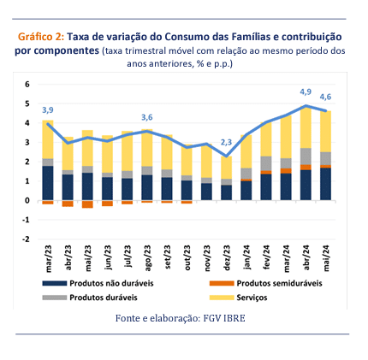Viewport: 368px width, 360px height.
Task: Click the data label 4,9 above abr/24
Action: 306,92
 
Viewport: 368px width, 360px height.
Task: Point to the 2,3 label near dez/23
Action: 226,142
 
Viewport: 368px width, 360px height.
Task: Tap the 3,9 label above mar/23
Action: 48,110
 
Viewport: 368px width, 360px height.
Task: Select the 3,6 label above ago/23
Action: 147,117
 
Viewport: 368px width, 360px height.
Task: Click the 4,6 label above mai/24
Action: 325,97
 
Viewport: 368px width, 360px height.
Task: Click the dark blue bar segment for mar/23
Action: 48,183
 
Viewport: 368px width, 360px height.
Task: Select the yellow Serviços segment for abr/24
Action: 306,127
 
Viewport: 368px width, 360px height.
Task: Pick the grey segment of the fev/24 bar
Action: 266,163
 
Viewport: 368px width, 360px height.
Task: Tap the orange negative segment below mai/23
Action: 87,204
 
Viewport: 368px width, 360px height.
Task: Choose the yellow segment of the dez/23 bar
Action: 227,168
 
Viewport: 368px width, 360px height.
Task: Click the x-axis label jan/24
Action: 246,257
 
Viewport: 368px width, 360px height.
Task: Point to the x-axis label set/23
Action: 167,257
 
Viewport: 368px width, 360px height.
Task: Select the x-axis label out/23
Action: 187,257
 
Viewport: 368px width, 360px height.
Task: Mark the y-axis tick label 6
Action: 27,85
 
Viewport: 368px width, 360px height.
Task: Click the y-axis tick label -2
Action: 26,239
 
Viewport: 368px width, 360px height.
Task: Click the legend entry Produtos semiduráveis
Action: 279,283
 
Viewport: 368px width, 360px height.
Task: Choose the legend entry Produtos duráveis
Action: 104,298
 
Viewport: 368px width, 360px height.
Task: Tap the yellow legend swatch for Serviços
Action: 222,298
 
